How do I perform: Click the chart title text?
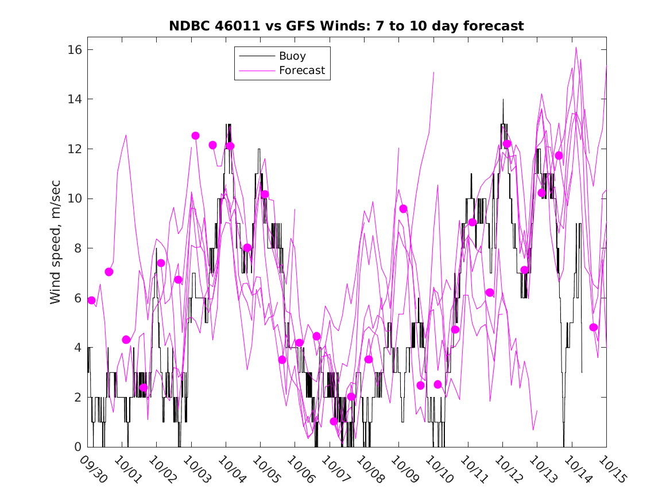(346, 26)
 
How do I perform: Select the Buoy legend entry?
(292, 56)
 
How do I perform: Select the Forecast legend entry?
(301, 71)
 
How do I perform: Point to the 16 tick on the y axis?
(73, 50)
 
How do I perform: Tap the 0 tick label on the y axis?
(76, 447)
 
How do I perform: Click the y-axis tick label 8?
(76, 248)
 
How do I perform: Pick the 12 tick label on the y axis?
(73, 149)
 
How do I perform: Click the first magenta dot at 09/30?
(91, 300)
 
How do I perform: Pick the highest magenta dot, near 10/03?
(195, 135)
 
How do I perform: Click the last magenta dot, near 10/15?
(594, 327)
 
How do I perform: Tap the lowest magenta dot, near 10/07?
(334, 421)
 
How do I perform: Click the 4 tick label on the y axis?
(76, 348)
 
